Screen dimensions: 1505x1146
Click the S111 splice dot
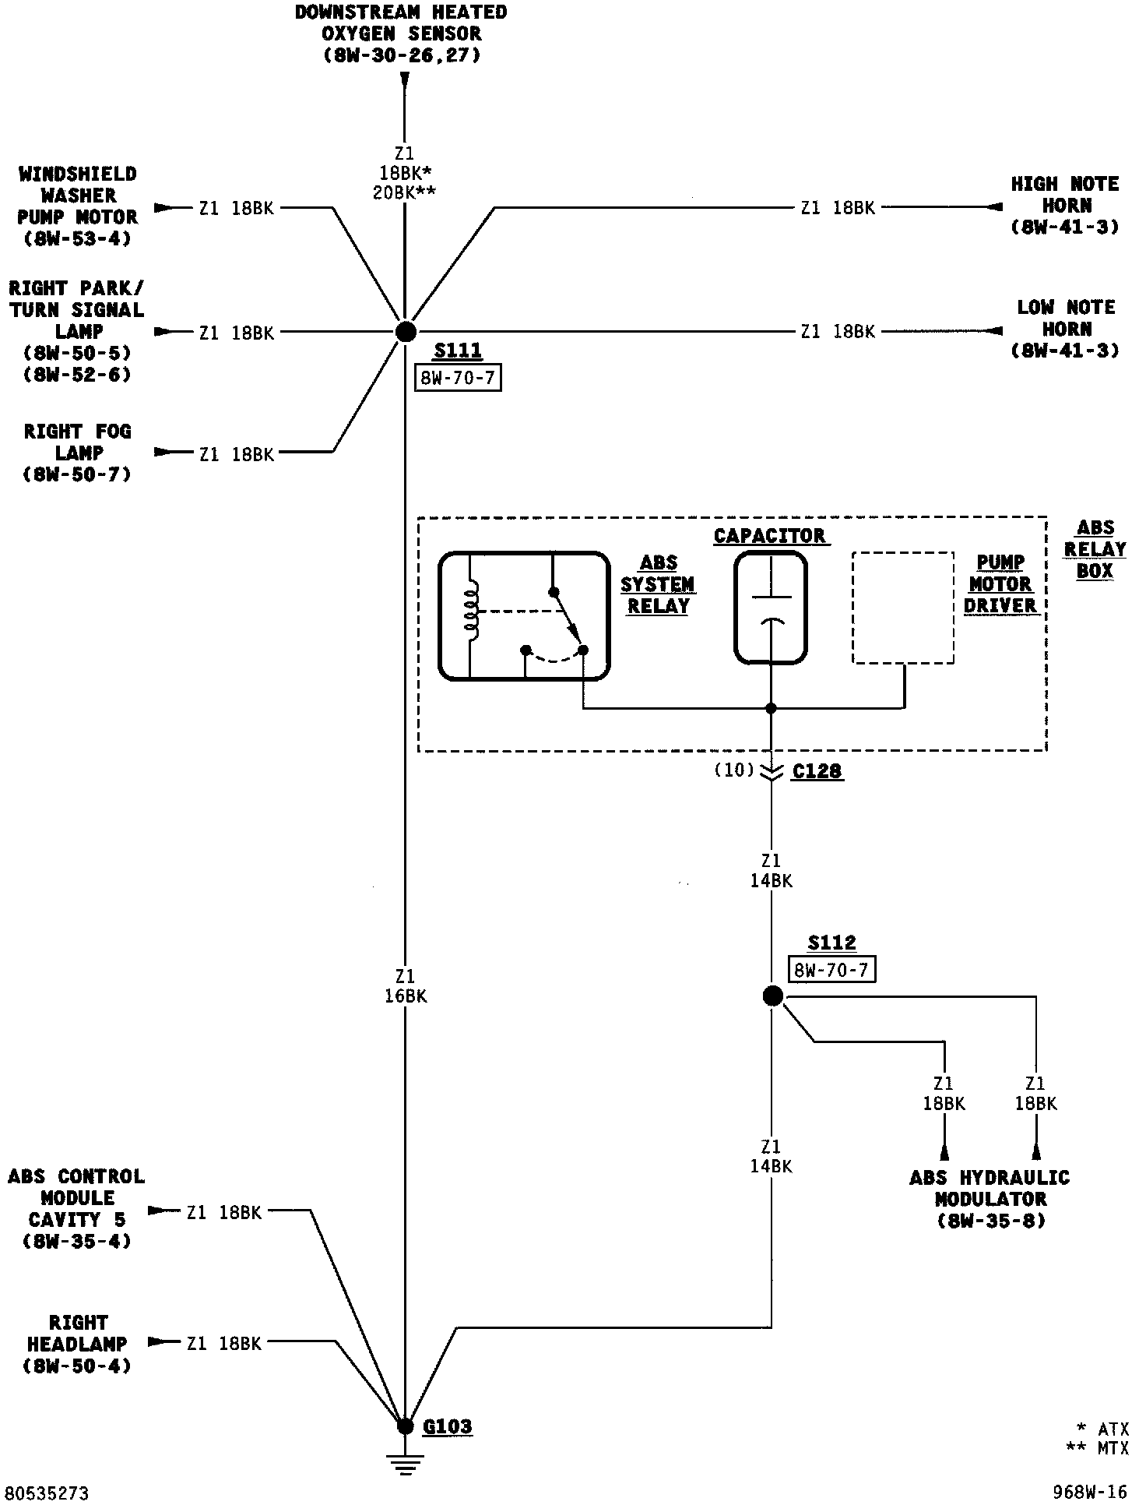405,332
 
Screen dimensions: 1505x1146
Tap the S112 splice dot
772,996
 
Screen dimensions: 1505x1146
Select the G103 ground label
448,1426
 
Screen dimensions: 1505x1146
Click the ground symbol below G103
405,1462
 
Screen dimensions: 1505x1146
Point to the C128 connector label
817,771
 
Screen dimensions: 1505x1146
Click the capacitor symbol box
771,608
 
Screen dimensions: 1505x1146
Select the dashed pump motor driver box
903,608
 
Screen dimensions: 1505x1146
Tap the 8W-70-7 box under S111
458,379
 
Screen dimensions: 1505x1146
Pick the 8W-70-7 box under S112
831,970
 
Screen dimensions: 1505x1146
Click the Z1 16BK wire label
406,985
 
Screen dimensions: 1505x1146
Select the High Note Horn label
1065,206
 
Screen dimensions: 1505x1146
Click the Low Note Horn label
1065,329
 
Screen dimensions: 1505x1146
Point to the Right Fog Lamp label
78,453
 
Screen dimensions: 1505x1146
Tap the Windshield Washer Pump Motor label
77,206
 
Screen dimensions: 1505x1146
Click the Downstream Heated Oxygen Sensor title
401,33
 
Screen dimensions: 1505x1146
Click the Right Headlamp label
78,1344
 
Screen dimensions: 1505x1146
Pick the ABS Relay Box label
1095,549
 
